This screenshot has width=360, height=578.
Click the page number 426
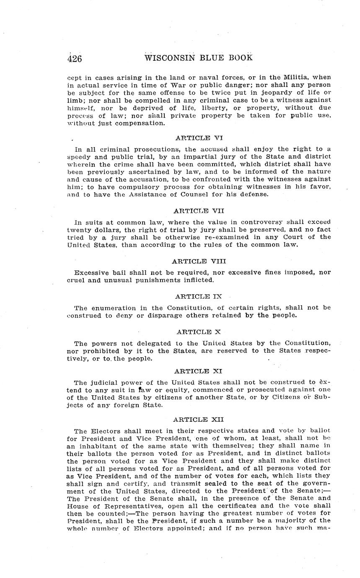(x=75, y=58)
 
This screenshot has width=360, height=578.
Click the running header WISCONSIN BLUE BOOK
(x=198, y=57)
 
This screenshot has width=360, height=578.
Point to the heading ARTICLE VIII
(x=199, y=261)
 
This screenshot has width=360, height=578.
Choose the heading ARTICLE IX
(x=199, y=297)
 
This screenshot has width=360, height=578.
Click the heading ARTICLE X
(x=199, y=332)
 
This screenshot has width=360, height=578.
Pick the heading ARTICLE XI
(x=199, y=371)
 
